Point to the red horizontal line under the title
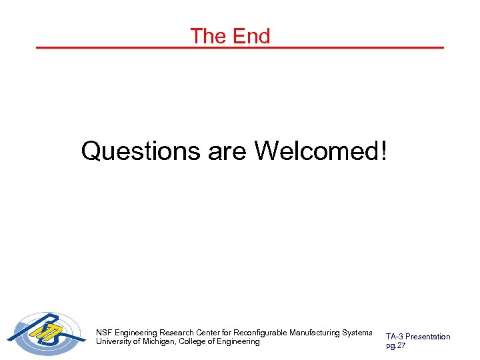click(x=239, y=48)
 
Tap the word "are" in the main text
click(x=227, y=151)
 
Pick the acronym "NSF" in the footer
click(x=104, y=332)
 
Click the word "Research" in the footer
click(x=177, y=332)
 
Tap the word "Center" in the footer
click(x=209, y=332)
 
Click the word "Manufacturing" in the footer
click(x=315, y=332)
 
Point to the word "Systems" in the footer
click(x=357, y=332)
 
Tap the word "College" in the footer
click(x=195, y=341)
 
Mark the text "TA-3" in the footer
click(x=395, y=337)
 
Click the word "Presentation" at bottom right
click(x=429, y=337)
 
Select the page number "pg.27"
click(x=395, y=345)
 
